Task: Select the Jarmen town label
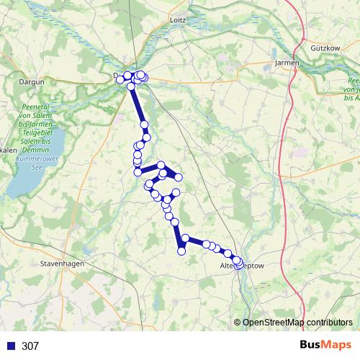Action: click(287, 63)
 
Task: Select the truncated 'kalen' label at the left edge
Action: click(9, 149)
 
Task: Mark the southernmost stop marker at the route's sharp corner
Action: click(181, 251)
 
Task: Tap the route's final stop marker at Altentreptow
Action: click(239, 265)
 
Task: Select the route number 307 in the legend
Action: click(30, 346)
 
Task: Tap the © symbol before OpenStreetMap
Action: click(238, 323)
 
